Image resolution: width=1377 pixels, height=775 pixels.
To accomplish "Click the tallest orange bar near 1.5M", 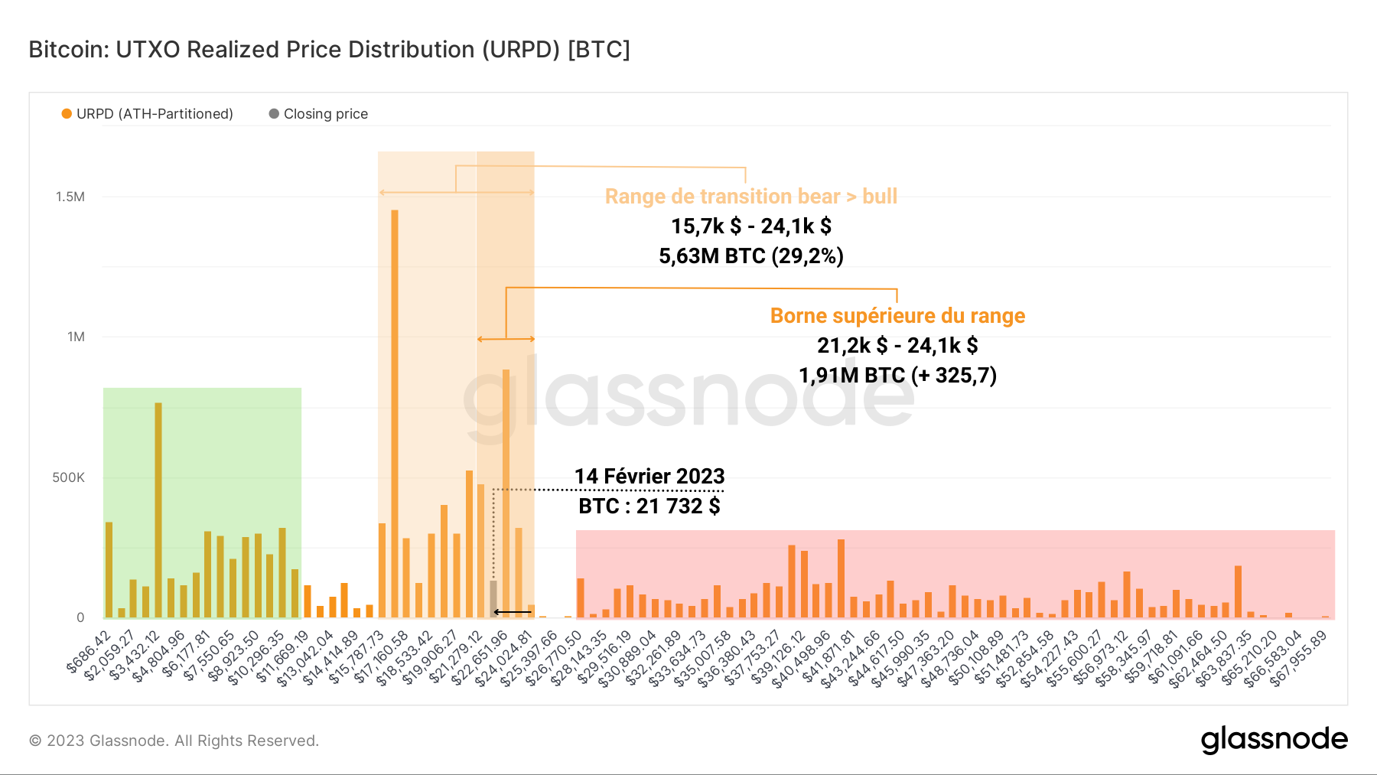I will [x=395, y=413].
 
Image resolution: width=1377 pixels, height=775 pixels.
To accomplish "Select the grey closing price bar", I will [x=493, y=598].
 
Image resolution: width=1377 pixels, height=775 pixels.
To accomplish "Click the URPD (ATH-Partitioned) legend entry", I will [x=148, y=114].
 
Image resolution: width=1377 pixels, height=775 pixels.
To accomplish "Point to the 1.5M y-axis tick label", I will [x=70, y=197].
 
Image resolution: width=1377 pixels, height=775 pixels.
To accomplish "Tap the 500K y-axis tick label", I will [x=69, y=477].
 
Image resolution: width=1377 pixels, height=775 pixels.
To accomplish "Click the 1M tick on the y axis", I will [x=76, y=337].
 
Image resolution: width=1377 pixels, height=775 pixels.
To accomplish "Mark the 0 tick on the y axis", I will [x=80, y=617].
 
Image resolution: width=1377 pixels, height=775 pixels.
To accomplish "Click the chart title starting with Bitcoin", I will [x=329, y=50].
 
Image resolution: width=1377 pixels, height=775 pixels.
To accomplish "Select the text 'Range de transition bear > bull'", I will [x=750, y=197].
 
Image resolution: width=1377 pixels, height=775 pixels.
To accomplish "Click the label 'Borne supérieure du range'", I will [x=897, y=316].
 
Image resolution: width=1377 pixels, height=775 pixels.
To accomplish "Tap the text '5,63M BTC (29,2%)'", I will [x=750, y=256].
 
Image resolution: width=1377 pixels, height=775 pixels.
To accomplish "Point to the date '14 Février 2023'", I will [x=649, y=476].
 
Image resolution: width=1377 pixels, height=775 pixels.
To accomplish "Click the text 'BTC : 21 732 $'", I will [x=649, y=506].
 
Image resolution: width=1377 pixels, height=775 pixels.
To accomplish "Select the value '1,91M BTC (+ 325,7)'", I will [x=897, y=375].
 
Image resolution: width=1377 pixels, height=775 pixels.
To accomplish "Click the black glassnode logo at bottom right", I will [x=1274, y=739].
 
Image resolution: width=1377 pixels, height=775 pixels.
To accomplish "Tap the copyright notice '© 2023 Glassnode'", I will [x=174, y=741].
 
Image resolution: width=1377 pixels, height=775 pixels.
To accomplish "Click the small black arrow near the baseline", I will [x=512, y=612].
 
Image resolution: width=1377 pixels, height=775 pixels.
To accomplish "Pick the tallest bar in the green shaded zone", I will [x=158, y=510].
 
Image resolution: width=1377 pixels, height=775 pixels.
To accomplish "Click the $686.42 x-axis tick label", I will [x=90, y=651].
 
